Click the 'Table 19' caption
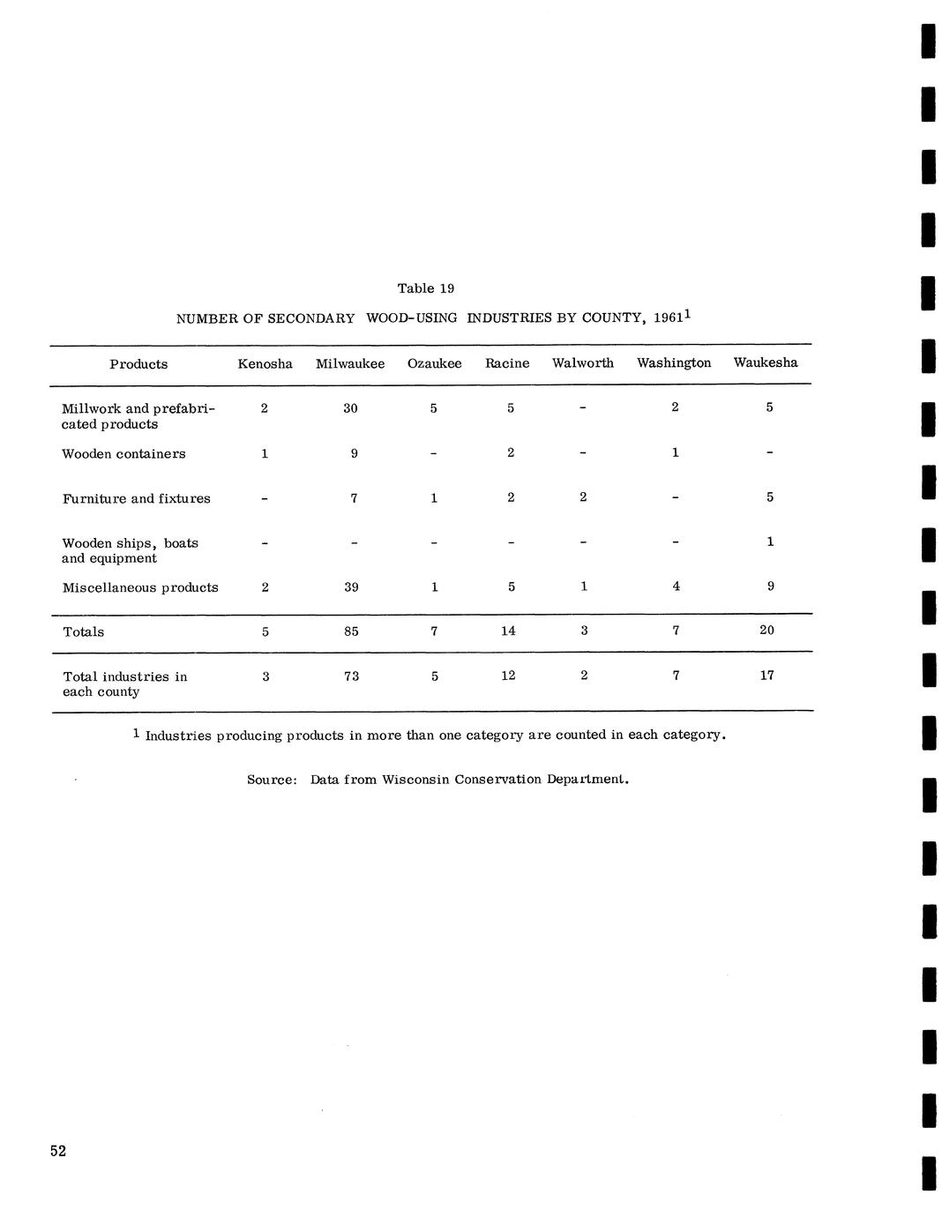[425, 288]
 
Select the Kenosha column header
[265, 363]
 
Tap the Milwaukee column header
[350, 363]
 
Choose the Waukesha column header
[765, 362]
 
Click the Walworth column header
[582, 362]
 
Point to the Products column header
[138, 364]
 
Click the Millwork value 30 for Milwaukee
[350, 408]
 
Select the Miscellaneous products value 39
[351, 587]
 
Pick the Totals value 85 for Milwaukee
[351, 631]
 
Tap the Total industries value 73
[351, 676]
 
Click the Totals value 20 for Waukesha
[766, 631]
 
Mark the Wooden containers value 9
[353, 453]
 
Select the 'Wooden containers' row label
[123, 454]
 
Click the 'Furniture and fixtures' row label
[136, 499]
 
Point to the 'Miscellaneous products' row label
[140, 588]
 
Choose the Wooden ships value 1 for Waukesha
[770, 541]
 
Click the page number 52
[58, 1151]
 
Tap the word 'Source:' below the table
[272, 780]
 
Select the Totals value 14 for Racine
[508, 631]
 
